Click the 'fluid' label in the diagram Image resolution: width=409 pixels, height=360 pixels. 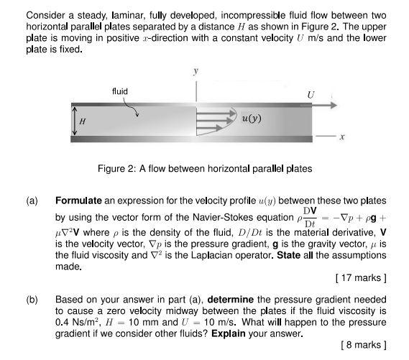pos(120,91)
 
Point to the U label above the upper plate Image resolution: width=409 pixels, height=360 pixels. pos(311,93)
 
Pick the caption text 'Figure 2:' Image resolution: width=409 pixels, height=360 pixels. pos(116,169)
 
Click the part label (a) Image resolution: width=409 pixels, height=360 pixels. pos(33,200)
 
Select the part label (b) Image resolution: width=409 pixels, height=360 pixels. pos(33,297)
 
